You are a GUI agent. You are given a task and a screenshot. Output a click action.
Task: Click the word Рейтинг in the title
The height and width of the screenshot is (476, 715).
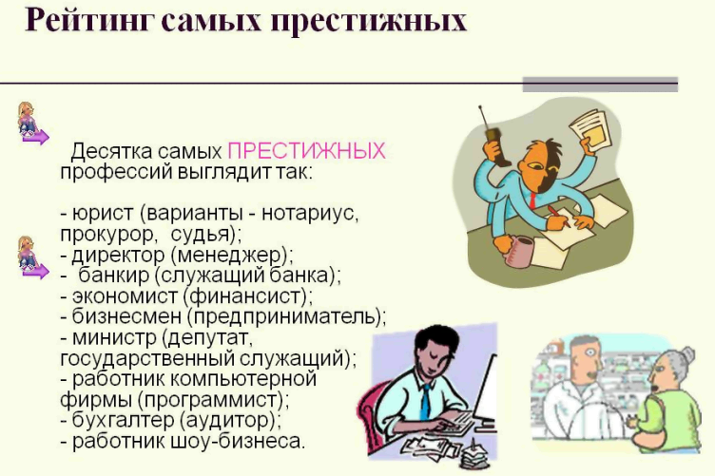point(87,21)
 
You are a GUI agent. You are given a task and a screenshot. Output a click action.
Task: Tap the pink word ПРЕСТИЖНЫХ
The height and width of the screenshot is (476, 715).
point(306,151)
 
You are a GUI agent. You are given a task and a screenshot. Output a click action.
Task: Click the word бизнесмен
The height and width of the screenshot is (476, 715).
point(126,316)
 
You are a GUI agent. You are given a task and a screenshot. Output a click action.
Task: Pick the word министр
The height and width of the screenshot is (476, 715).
point(114,337)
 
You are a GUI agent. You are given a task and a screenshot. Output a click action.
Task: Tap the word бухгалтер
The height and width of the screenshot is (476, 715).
point(123,420)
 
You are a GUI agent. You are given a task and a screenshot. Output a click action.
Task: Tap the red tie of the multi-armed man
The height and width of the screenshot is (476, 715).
point(532,200)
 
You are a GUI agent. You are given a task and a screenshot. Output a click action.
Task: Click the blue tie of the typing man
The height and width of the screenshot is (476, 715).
point(425,401)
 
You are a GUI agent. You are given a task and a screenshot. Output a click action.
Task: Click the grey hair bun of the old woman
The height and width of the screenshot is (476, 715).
point(687,354)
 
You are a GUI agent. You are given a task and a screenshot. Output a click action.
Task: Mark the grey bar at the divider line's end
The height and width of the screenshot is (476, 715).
point(600,85)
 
